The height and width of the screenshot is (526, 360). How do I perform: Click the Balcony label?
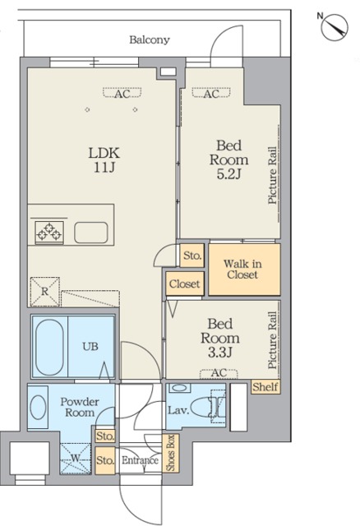[x=150, y=40]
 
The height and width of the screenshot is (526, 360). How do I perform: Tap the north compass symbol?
[x=334, y=27]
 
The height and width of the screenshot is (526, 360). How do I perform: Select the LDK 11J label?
[x=104, y=159]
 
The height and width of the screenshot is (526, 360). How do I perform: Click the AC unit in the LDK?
[x=122, y=93]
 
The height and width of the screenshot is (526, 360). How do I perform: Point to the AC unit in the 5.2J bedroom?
[x=211, y=93]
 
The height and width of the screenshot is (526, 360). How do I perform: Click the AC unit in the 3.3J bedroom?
[x=219, y=372]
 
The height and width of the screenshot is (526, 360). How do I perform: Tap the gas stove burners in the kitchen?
[x=49, y=232]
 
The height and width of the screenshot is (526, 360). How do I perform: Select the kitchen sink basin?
[x=91, y=233]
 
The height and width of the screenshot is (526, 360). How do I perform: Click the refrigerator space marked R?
[x=45, y=292]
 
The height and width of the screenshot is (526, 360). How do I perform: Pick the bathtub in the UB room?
[x=49, y=347]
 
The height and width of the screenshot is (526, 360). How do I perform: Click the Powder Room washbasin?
[x=38, y=408]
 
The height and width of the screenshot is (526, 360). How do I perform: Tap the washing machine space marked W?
[x=76, y=459]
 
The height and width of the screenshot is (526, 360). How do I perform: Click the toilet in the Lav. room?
[x=205, y=407]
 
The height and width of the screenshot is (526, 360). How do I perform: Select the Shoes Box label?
[x=170, y=453]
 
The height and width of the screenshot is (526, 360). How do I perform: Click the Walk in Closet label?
[x=242, y=269]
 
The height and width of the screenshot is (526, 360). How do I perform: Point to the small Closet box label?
[x=185, y=284]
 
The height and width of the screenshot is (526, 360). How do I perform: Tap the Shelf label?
[x=265, y=387]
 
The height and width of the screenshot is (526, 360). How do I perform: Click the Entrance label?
[x=140, y=460]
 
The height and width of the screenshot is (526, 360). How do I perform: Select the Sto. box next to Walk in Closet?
[x=192, y=256]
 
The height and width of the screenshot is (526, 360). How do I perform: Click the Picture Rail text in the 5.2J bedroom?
[x=272, y=175]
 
